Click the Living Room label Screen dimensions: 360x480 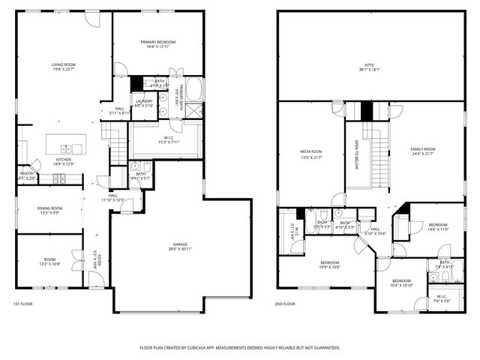pyautogui.click(x=63, y=65)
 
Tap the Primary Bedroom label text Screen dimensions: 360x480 pyautogui.click(x=157, y=42)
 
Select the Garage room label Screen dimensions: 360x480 pyautogui.click(x=179, y=244)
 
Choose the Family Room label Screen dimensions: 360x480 pyautogui.click(x=422, y=149)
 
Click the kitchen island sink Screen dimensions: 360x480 pyautogui.click(x=66, y=148)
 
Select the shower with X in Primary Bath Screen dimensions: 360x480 pyautogui.click(x=193, y=109)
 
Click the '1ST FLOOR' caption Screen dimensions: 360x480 pyautogui.click(x=23, y=304)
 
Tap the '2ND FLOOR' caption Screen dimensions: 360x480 pyautogui.click(x=285, y=304)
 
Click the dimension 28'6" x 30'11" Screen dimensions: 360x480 pyautogui.click(x=179, y=249)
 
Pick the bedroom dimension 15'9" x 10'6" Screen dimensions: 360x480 pyautogui.click(x=330, y=266)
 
